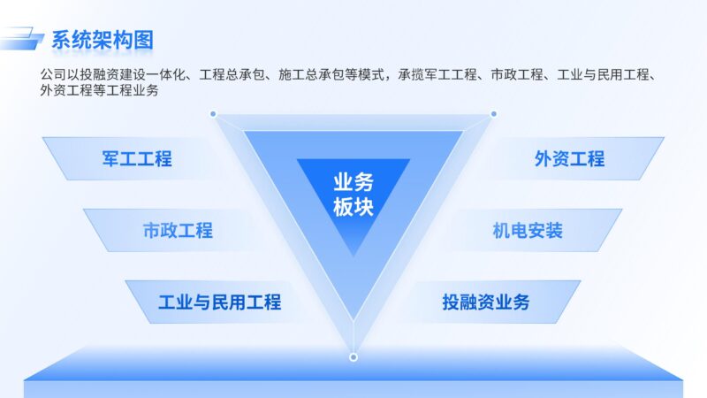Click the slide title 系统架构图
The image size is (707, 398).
click(103, 40)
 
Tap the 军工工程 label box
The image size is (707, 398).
click(136, 159)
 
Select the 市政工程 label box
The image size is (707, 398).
click(177, 231)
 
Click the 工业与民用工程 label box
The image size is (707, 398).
click(219, 302)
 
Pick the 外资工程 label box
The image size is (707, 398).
click(569, 159)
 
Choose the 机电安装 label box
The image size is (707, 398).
click(528, 231)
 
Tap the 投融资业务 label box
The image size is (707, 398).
click(485, 302)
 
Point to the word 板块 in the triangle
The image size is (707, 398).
click(353, 209)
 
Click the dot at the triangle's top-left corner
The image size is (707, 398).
click(213, 114)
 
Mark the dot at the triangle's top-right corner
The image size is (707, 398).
click(493, 114)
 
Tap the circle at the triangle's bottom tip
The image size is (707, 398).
click(353, 357)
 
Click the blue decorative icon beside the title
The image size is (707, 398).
click(24, 39)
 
